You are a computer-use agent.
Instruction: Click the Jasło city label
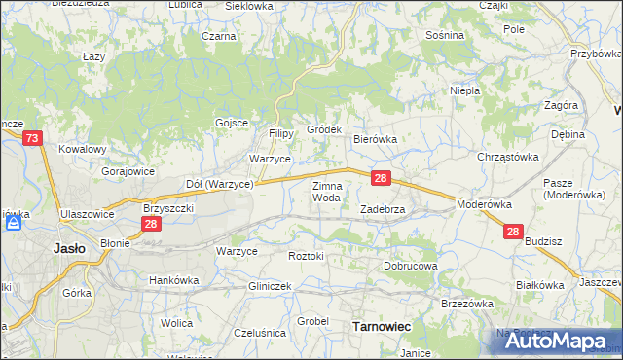coord(67,248)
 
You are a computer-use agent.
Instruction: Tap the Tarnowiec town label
coord(378,328)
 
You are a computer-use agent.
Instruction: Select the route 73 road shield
coord(32,140)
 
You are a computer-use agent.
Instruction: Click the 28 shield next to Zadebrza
coord(382,178)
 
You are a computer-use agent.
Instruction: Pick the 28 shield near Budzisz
coord(514,232)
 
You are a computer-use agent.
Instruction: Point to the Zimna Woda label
coord(326,192)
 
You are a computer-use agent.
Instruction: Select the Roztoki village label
coord(306,255)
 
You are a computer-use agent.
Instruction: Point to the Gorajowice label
coord(128,170)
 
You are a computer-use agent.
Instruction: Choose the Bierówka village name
coord(375,139)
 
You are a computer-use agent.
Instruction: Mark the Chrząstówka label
coord(508,156)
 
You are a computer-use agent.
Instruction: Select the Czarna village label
coord(220,36)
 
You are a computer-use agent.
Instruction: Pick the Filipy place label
coord(281,133)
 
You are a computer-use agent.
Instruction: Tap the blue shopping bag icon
coord(14,223)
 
